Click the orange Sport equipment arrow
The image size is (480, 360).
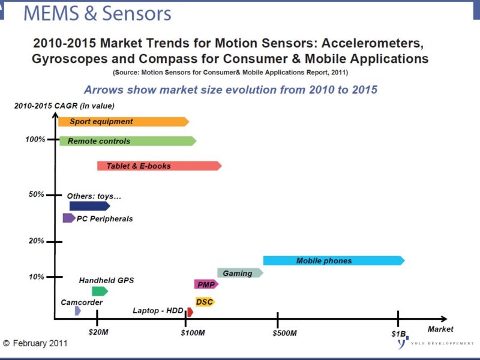123,122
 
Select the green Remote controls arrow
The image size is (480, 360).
127,141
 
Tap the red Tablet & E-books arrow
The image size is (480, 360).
159,166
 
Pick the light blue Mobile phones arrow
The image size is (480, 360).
334,260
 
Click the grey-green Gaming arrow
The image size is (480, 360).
239,273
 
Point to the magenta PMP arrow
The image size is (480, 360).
206,284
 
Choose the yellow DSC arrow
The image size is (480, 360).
205,302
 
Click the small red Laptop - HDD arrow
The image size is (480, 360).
190,312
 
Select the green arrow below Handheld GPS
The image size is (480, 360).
99,291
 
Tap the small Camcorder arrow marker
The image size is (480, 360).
78,310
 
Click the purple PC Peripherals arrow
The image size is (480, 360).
68,218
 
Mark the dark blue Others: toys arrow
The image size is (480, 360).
89,206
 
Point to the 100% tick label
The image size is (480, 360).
35,140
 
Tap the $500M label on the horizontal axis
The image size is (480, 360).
285,332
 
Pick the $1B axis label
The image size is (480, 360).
399,332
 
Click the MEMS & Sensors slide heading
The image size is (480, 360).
97,14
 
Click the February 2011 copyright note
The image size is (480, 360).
35,343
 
